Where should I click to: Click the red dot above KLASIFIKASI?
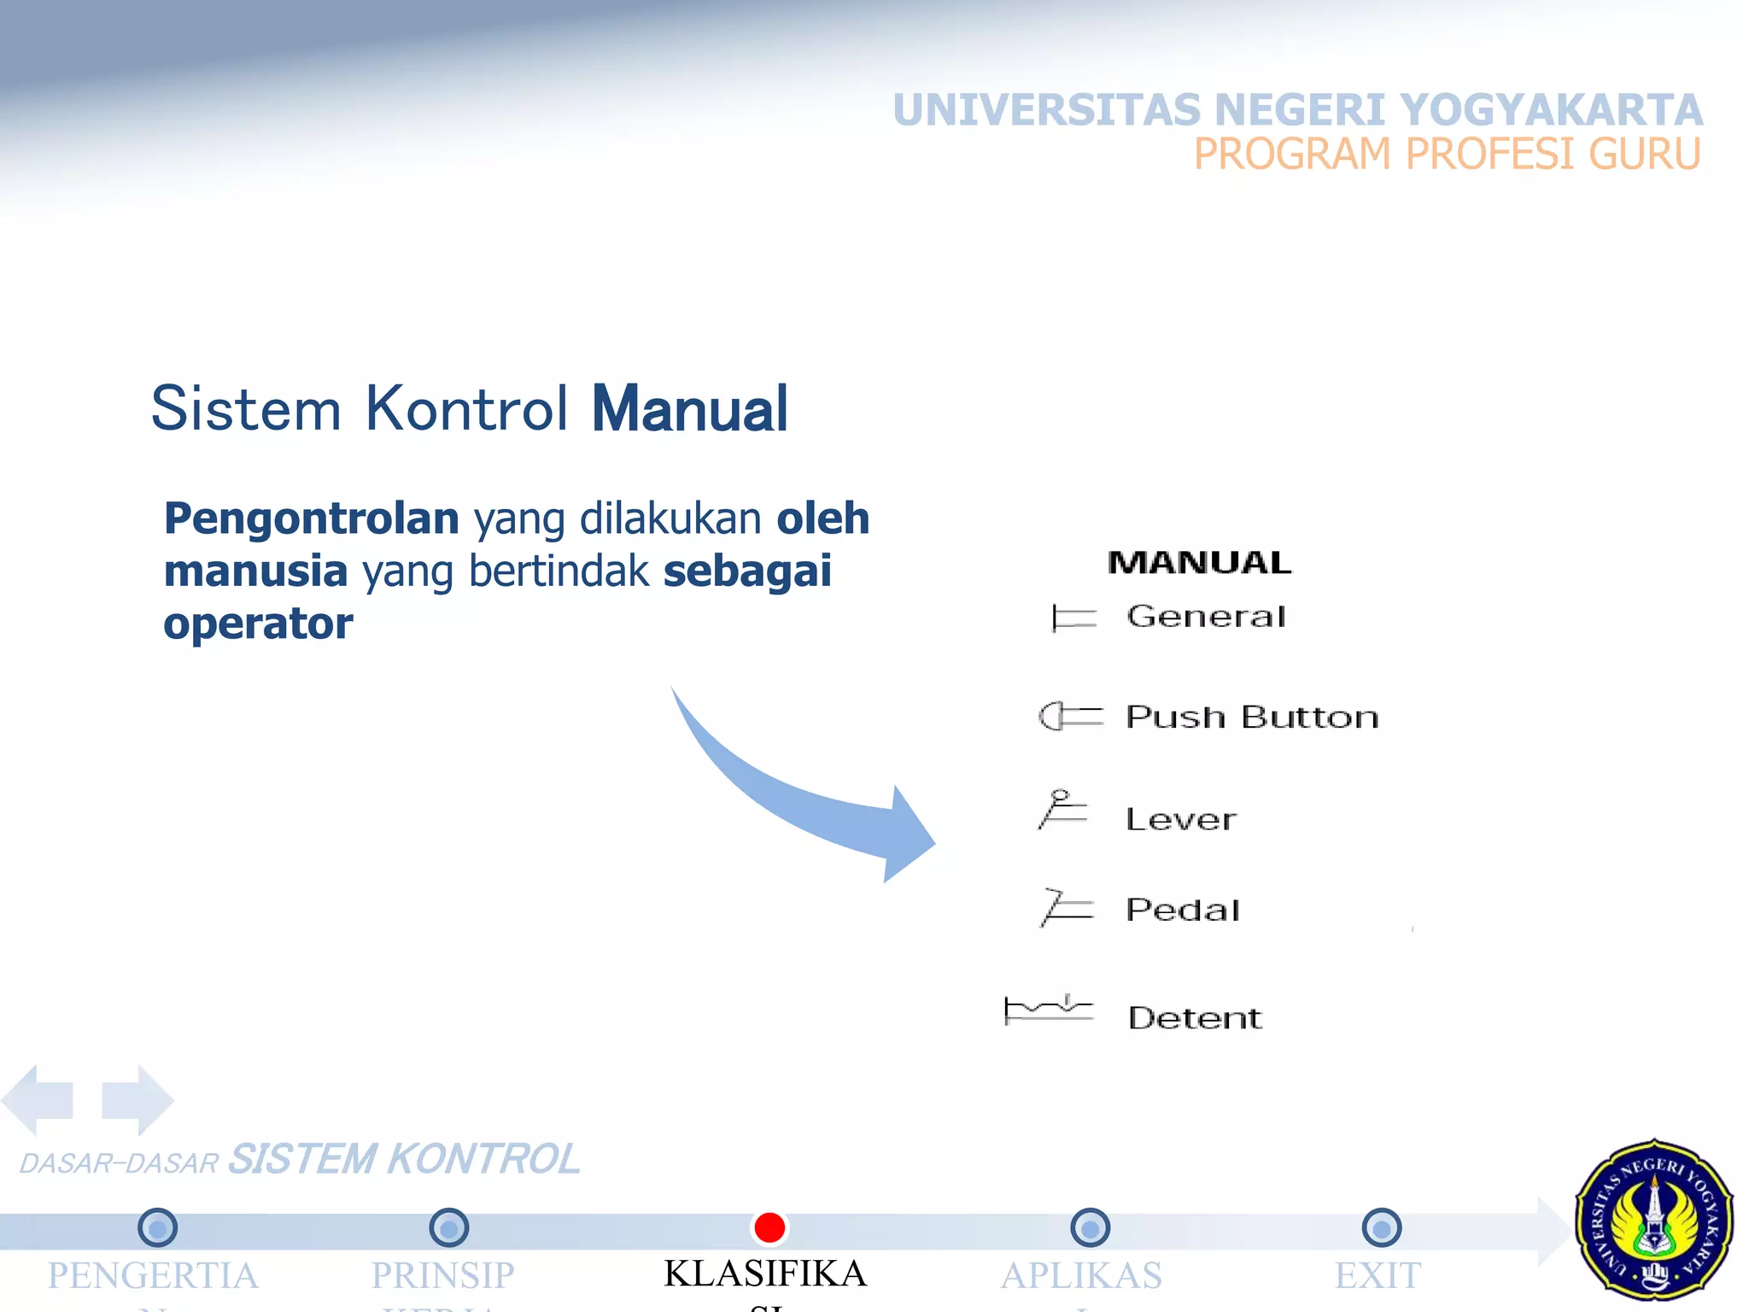click(x=769, y=1227)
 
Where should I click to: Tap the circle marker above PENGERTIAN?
click(x=157, y=1228)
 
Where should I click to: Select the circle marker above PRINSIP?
click(x=449, y=1228)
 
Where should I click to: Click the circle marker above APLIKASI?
click(x=1090, y=1228)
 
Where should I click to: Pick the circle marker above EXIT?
click(x=1382, y=1228)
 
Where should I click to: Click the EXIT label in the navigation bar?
click(x=1378, y=1275)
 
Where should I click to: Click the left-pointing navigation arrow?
click(x=38, y=1099)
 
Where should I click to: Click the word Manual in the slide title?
click(x=689, y=409)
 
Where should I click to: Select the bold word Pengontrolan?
click(x=312, y=518)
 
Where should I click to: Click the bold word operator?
click(x=258, y=624)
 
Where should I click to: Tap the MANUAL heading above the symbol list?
click(x=1199, y=563)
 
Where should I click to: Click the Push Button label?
click(x=1252, y=717)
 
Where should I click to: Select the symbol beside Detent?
click(x=1049, y=1010)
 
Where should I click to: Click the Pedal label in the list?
click(x=1183, y=910)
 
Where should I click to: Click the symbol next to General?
click(x=1073, y=618)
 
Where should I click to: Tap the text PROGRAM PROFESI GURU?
click(x=1447, y=155)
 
